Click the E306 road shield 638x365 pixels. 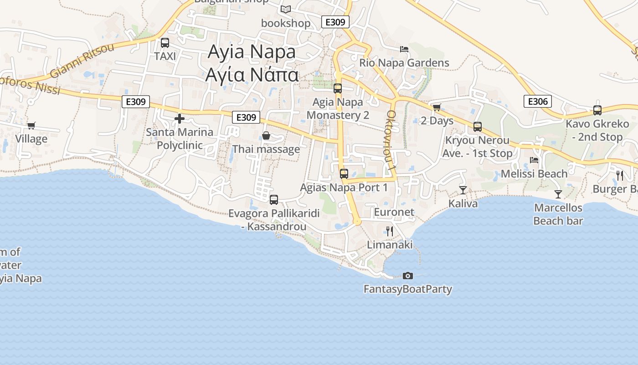pos(538,101)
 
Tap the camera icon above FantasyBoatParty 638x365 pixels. pos(408,276)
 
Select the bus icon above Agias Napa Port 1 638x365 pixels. pos(344,173)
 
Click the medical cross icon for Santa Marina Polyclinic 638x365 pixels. pos(180,119)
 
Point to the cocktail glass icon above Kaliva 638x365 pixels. pos(463,190)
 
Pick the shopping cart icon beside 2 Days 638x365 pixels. pos(437,107)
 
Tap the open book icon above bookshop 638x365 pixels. pos(286,9)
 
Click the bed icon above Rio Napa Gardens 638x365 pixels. pos(404,49)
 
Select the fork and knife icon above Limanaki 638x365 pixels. pos(390,231)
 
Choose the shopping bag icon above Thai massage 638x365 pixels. pos(266,136)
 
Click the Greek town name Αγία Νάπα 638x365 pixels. pos(252,74)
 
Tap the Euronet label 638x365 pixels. pos(394,212)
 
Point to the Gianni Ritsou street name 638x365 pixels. pos(82,60)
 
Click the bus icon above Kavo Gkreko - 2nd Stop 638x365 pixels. pos(597,110)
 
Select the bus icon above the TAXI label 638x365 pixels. pos(165,43)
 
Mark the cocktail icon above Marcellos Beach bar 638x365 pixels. pos(558,194)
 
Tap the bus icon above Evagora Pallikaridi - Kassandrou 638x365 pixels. pos(274,199)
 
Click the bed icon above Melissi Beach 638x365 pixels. pos(534,160)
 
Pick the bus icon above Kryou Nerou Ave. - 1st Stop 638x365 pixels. pos(478,126)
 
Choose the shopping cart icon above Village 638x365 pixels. pos(31,125)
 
